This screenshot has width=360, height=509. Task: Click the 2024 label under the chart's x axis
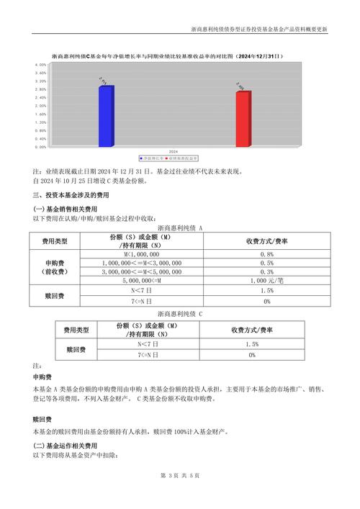pos(174,152)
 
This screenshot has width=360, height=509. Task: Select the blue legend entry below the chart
pos(151,157)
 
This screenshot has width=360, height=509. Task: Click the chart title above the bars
pos(166,55)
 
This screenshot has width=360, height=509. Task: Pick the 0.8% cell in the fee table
pos(266,254)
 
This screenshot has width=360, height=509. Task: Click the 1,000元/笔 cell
pos(266,281)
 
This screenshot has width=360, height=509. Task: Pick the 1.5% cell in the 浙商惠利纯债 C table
pos(252,345)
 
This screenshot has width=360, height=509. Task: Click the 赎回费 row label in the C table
pos(76,350)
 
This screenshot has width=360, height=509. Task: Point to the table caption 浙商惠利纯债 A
pos(180,228)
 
